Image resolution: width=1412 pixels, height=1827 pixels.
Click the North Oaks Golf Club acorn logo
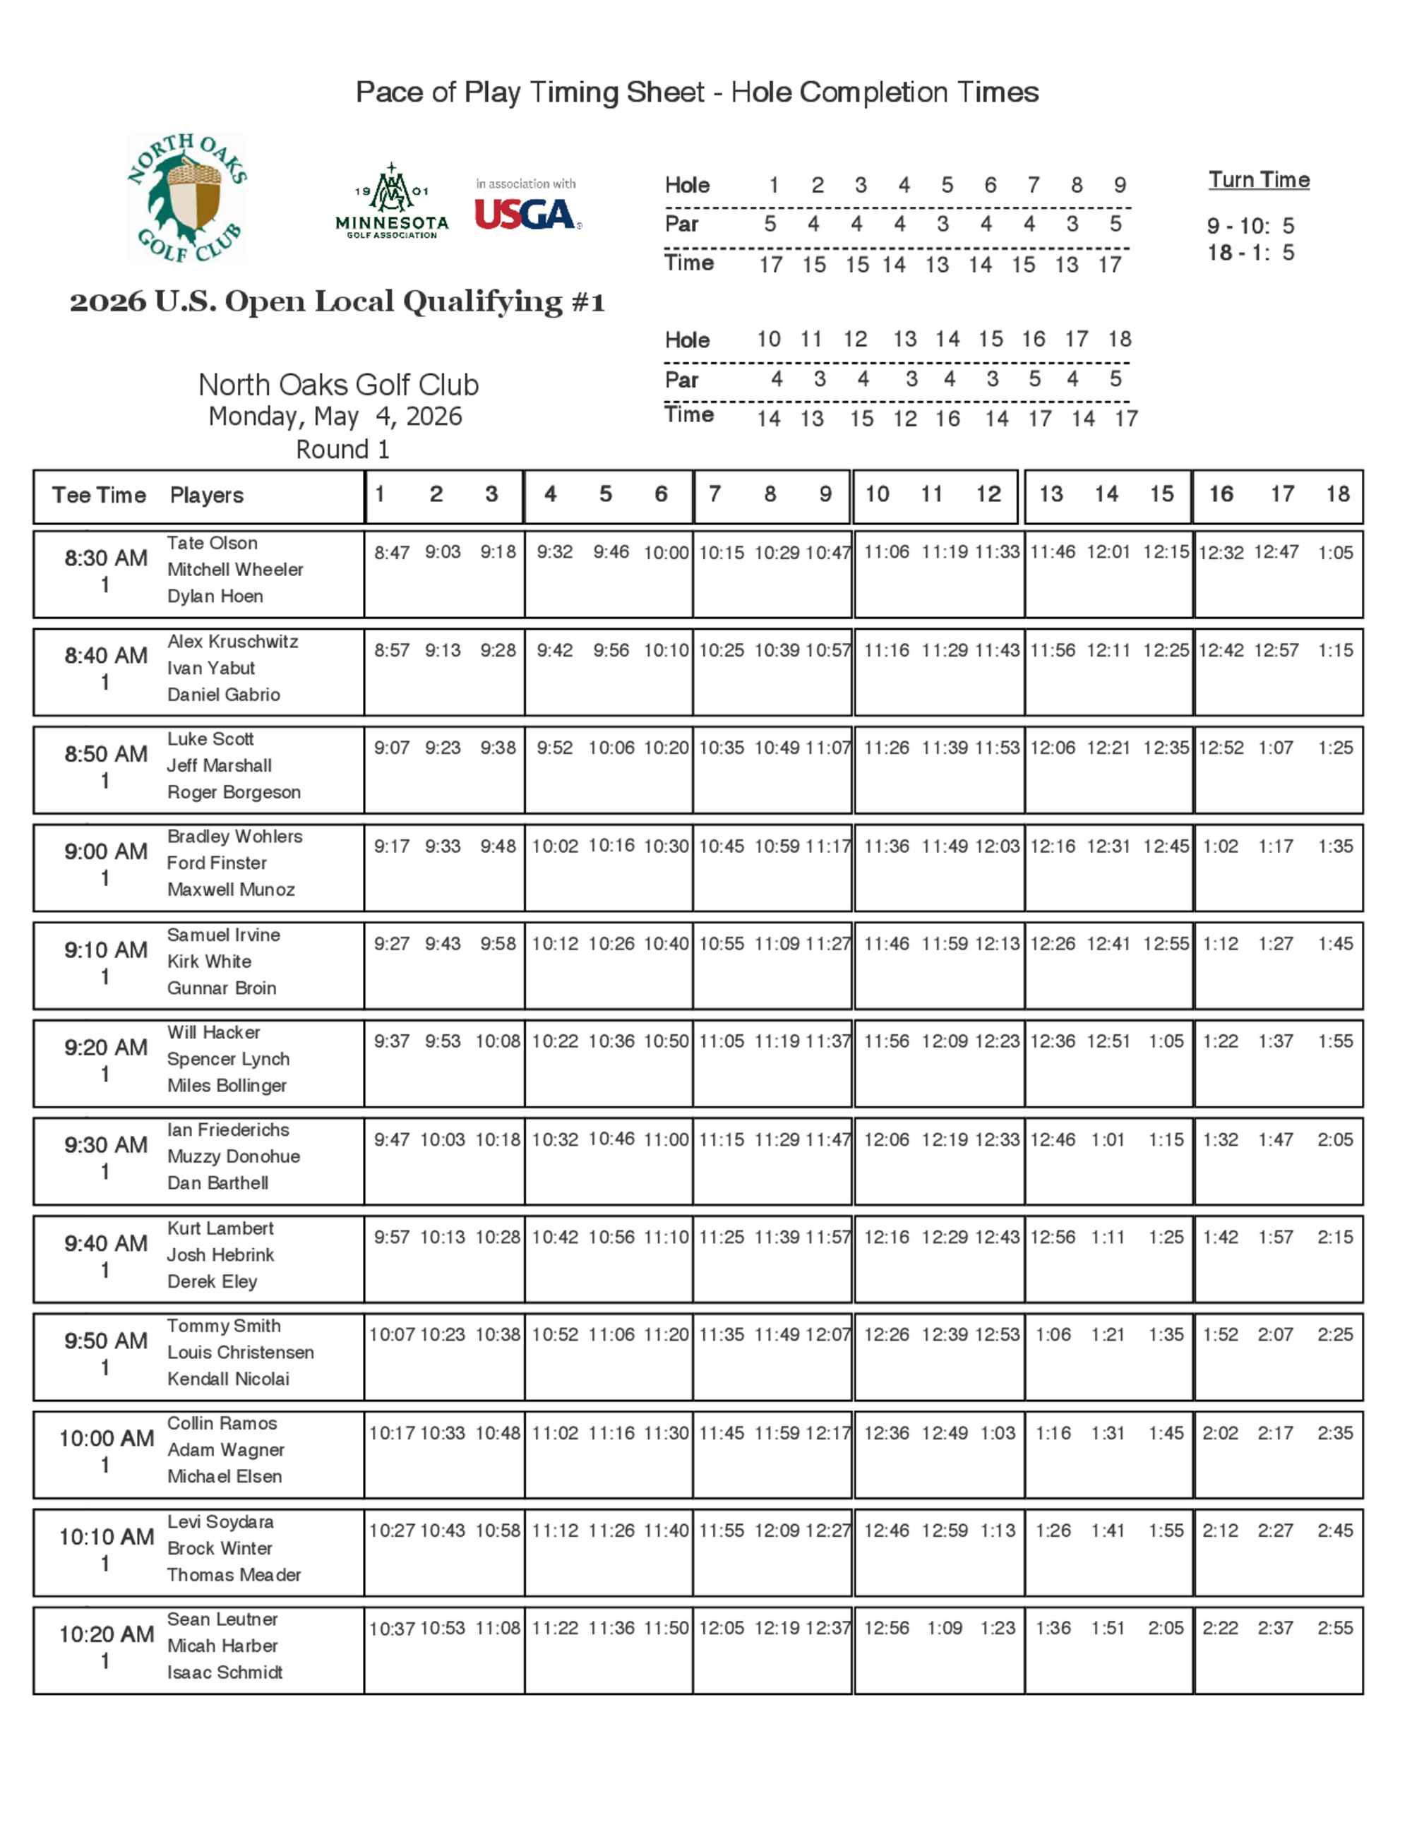click(186, 198)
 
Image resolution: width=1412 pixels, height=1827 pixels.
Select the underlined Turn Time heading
click(1258, 180)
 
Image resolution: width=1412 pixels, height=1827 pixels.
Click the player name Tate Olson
click(212, 543)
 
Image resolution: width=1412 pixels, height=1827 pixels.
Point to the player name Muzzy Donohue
click(234, 1156)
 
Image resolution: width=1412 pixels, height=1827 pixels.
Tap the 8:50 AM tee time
click(106, 754)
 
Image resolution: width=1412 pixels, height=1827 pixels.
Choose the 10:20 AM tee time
click(106, 1634)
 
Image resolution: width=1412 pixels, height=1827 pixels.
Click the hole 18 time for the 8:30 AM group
click(1335, 552)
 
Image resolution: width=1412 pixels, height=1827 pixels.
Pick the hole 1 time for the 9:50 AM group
click(392, 1334)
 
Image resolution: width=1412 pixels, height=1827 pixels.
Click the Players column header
click(207, 496)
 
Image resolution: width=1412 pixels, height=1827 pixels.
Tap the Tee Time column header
click(99, 496)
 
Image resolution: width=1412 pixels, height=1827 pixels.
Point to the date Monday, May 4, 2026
click(335, 417)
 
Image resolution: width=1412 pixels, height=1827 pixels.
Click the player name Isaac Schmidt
click(225, 1672)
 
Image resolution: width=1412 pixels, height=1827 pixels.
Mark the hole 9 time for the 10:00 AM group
click(828, 1433)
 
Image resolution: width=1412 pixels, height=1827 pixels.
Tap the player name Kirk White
click(209, 962)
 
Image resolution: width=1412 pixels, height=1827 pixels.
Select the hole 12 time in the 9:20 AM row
click(997, 1041)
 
